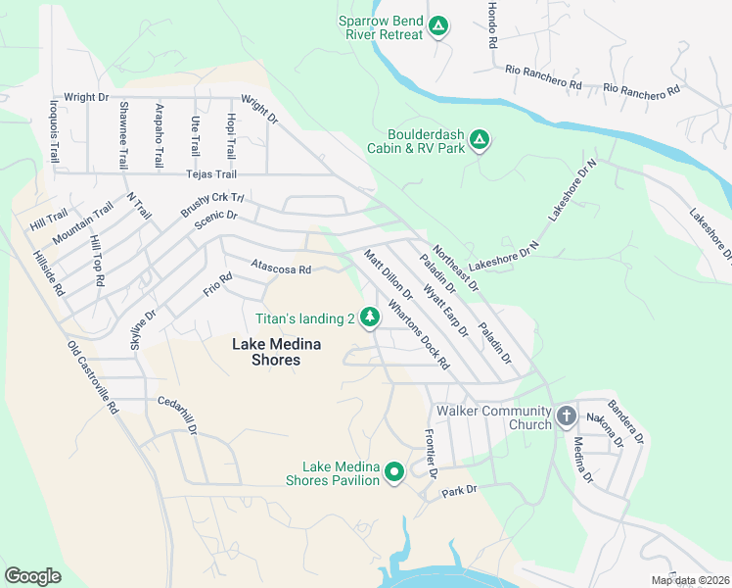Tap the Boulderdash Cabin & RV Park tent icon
(479, 140)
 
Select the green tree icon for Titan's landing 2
(370, 317)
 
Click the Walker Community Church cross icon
(566, 417)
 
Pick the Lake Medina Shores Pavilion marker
(394, 472)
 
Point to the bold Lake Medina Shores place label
(266, 352)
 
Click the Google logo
(32, 575)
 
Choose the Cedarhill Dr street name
(178, 416)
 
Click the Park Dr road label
(458, 490)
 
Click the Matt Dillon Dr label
(389, 274)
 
